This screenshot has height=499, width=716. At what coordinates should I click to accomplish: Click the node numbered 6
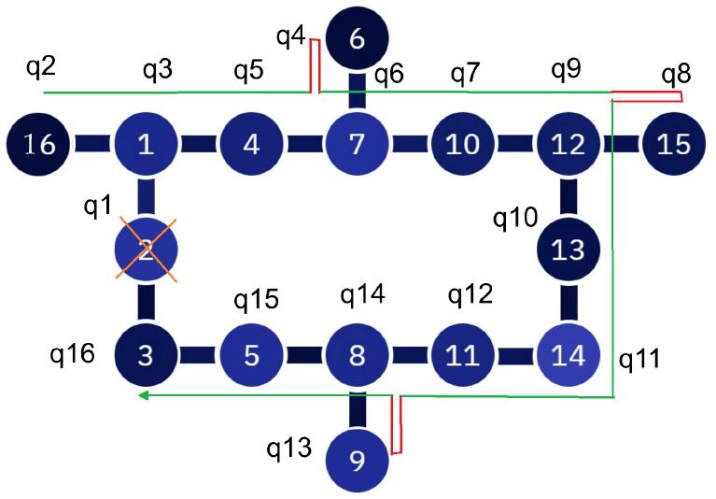click(x=357, y=39)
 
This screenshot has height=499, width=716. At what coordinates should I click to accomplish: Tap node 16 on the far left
click(x=39, y=144)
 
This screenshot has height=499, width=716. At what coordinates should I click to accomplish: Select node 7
click(x=357, y=144)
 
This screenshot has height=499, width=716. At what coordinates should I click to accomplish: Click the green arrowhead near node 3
click(x=143, y=396)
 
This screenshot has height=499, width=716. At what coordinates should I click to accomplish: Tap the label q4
click(x=291, y=37)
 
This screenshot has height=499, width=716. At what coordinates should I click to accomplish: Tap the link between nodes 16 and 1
click(x=92, y=144)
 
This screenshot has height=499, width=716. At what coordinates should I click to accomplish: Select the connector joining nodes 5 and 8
click(x=304, y=356)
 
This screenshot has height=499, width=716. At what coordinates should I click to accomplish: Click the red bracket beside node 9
click(x=397, y=425)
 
